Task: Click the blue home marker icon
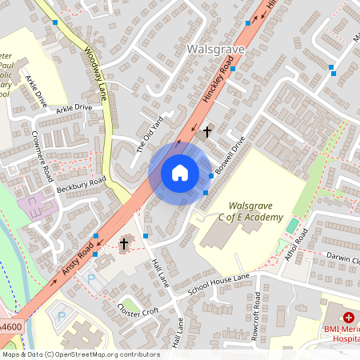click(x=180, y=173)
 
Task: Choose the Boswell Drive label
click(x=229, y=156)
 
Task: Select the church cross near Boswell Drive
click(x=207, y=130)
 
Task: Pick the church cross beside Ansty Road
click(x=124, y=243)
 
